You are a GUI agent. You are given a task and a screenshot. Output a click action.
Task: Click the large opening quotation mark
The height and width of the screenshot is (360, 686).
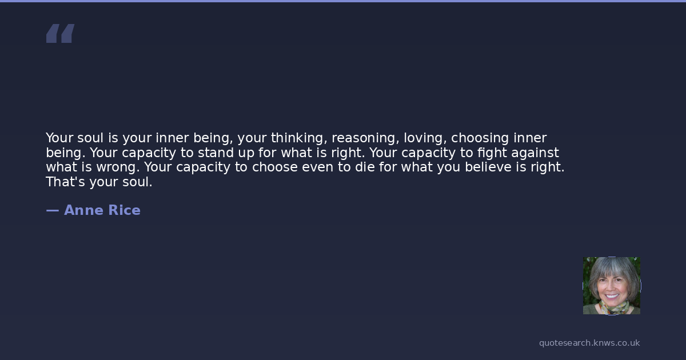coord(61,33)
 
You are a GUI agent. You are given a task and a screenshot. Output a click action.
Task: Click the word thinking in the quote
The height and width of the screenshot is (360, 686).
coord(297,138)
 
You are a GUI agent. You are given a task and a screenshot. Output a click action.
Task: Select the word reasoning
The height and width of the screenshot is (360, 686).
coord(364,138)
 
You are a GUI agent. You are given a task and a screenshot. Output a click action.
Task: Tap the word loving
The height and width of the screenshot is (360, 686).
coord(424,138)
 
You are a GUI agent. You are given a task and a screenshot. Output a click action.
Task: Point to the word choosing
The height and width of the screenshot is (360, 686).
coord(480,138)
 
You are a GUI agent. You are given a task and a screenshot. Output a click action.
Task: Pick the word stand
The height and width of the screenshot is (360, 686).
coord(216,153)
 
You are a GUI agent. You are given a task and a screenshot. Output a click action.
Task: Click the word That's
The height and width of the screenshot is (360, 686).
coord(65,182)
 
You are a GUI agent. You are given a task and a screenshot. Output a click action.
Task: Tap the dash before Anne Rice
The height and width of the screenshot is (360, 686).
coord(53,211)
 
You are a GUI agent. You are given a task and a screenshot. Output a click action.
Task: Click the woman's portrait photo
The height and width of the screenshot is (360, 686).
coord(612,286)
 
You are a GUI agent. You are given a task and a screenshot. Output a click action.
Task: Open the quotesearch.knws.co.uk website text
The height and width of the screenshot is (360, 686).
coord(589,343)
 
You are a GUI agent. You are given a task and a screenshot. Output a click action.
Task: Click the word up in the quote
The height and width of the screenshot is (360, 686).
coord(246,153)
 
